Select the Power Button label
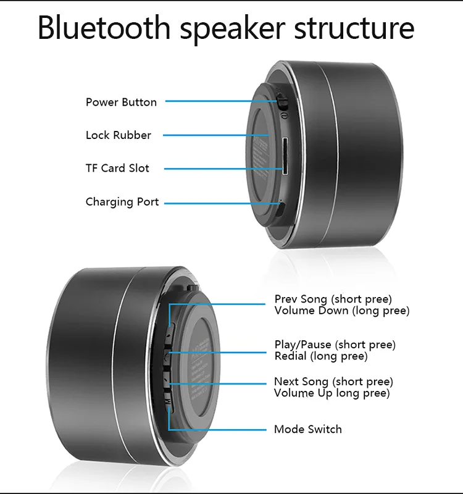121,102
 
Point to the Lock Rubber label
118,135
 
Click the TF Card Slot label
117,168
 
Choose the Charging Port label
122,202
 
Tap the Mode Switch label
307,429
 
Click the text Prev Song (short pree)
333,299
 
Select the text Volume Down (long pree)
341,311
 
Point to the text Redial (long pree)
320,356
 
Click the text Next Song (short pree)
333,382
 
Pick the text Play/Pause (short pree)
335,345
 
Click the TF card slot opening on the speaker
285,156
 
